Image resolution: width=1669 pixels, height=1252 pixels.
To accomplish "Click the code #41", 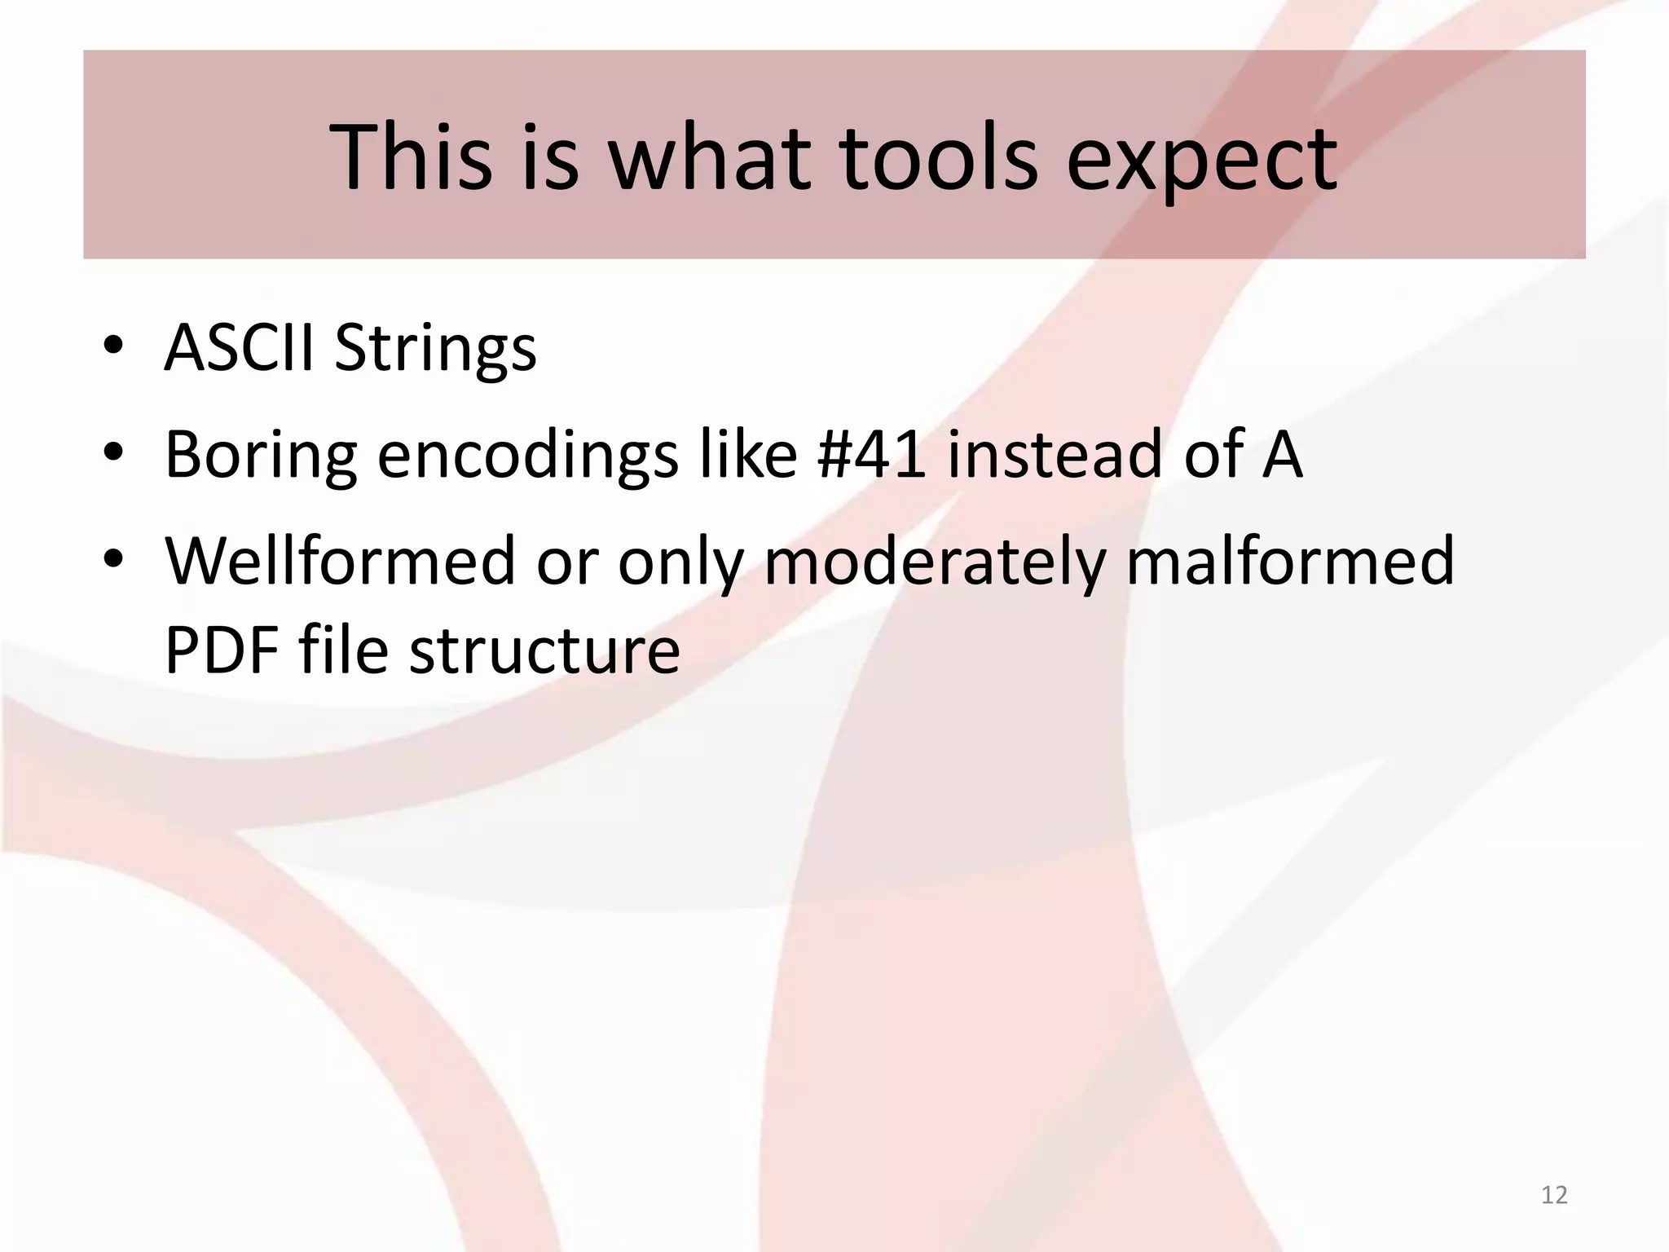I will tap(870, 454).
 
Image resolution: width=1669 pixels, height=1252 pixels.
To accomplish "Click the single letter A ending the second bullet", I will tap(1282, 454).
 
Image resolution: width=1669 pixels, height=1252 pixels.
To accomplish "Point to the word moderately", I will tap(934, 562).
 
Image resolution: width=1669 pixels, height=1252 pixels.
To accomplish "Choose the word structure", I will tap(544, 651).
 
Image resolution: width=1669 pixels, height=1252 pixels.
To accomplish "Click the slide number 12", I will tap(1554, 1195).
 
